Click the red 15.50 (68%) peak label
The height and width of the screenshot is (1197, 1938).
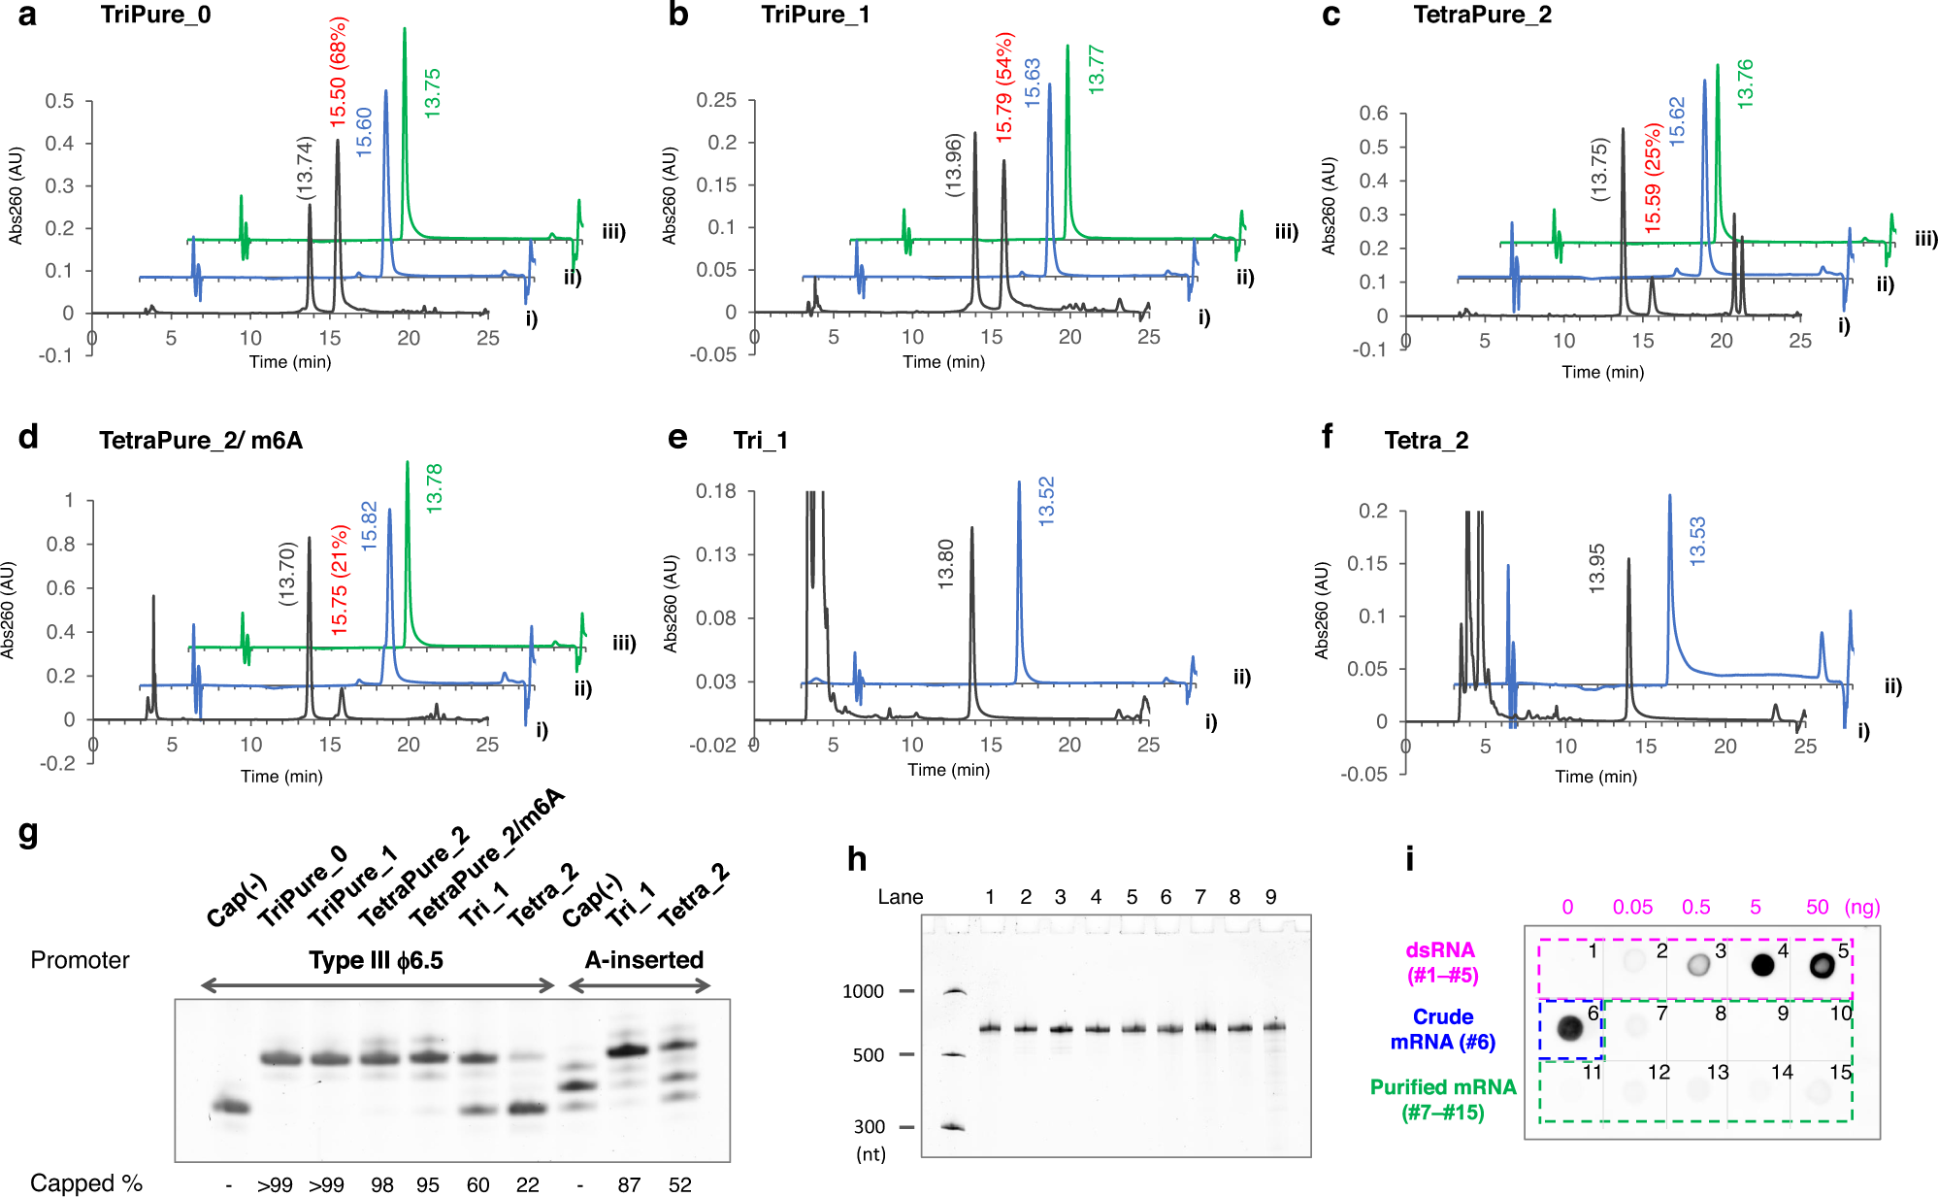pyautogui.click(x=338, y=72)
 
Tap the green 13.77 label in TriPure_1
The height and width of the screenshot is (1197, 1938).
pyautogui.click(x=1096, y=70)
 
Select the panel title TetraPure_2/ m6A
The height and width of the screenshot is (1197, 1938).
pyautogui.click(x=200, y=441)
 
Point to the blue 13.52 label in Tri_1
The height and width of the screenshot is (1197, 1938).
pyautogui.click(x=1046, y=502)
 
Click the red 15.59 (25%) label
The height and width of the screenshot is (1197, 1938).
pyautogui.click(x=1653, y=178)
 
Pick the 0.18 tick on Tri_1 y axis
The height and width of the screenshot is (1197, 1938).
pyautogui.click(x=716, y=491)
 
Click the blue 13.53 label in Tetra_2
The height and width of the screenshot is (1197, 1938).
pyautogui.click(x=1697, y=542)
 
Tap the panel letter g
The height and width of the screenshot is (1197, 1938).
pyautogui.click(x=28, y=832)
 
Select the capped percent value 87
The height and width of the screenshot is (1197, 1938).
pyautogui.click(x=629, y=1184)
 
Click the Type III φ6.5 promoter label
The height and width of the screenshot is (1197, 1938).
pyautogui.click(x=376, y=960)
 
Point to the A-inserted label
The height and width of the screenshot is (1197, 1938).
pyautogui.click(x=643, y=960)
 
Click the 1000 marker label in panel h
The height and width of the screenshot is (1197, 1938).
pyautogui.click(x=863, y=991)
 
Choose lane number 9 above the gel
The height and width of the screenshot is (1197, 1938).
pyautogui.click(x=1270, y=897)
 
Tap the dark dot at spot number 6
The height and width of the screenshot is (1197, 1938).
pyautogui.click(x=1569, y=1027)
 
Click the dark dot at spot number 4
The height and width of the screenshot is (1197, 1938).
pyautogui.click(x=1761, y=964)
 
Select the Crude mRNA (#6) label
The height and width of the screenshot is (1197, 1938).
pyautogui.click(x=1442, y=1029)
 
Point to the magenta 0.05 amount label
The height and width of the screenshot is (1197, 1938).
pyautogui.click(x=1632, y=907)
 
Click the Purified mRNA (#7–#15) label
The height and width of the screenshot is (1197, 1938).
pyautogui.click(x=1442, y=1099)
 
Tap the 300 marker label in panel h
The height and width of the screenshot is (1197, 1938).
pyautogui.click(x=869, y=1127)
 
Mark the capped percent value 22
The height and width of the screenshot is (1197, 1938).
pyautogui.click(x=527, y=1184)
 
